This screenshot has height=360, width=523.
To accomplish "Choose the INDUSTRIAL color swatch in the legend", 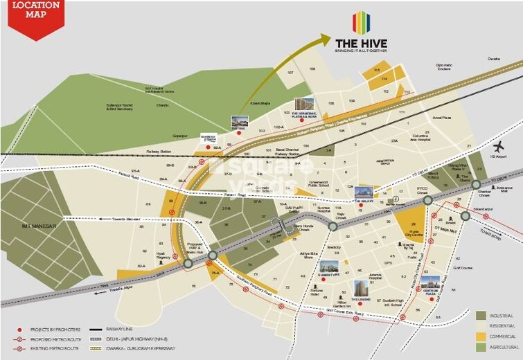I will [x=480, y=315].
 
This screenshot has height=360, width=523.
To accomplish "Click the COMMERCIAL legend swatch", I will [x=480, y=336].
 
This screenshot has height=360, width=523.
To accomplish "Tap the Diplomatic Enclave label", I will [x=443, y=67].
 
